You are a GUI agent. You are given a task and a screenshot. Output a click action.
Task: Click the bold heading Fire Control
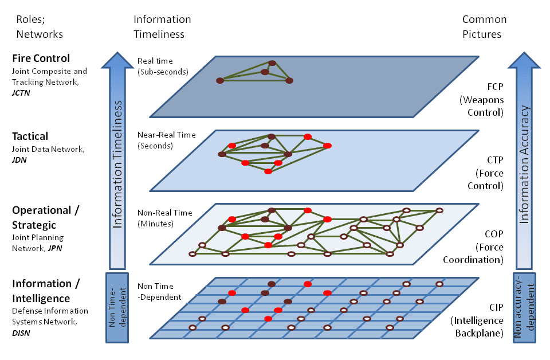click(x=41, y=58)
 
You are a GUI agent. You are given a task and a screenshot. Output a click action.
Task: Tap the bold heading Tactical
click(x=30, y=136)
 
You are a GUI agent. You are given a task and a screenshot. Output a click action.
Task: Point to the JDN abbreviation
click(x=19, y=160)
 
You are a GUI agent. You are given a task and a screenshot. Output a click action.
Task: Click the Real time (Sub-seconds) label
click(x=163, y=66)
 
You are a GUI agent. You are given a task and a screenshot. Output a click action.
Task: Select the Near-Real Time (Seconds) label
click(x=166, y=140)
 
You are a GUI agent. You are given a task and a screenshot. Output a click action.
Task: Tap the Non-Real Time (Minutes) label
click(x=164, y=218)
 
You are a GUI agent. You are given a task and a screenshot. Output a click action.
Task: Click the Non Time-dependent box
click(x=116, y=308)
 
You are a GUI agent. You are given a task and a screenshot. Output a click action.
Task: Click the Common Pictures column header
click(x=482, y=26)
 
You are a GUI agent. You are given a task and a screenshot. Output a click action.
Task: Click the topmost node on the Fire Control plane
click(x=273, y=63)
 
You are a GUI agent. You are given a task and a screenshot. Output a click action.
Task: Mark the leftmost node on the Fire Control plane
click(x=219, y=80)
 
